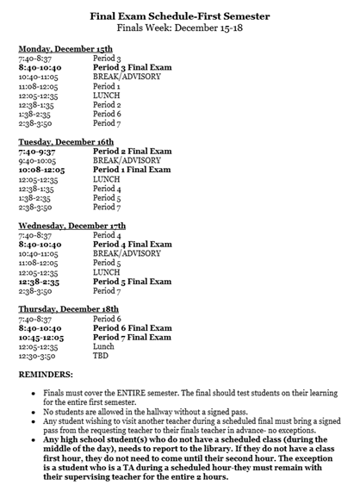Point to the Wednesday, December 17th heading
tap(72, 225)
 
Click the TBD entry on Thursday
tap(102, 356)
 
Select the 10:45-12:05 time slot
tap(40, 338)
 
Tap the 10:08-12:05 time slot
tap(40, 170)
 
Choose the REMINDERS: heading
tap(50, 376)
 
